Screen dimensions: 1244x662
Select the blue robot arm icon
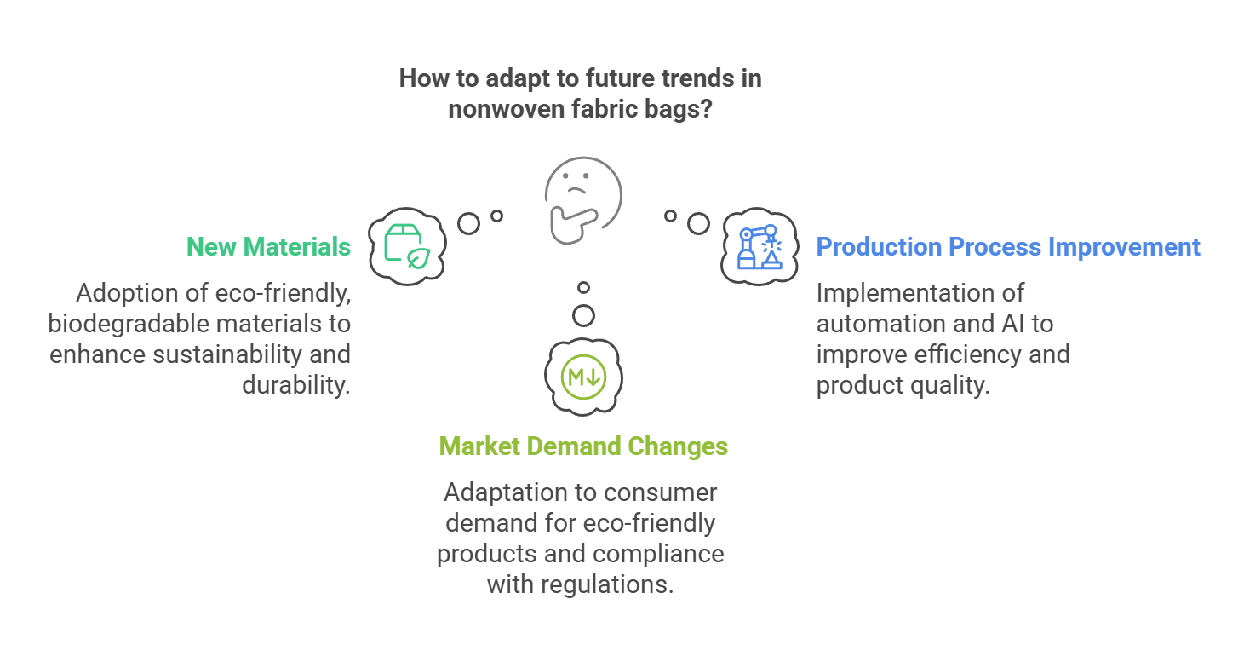click(760, 247)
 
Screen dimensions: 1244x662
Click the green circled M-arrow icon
click(583, 377)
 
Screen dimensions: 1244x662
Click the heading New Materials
click(268, 247)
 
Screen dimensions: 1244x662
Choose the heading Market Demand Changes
click(583, 446)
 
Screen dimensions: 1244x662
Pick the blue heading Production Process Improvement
click(1008, 247)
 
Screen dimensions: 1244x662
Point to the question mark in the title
click(706, 108)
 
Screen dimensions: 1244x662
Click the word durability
click(296, 384)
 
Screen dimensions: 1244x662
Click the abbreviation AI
click(1012, 324)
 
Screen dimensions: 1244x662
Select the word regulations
click(606, 584)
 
